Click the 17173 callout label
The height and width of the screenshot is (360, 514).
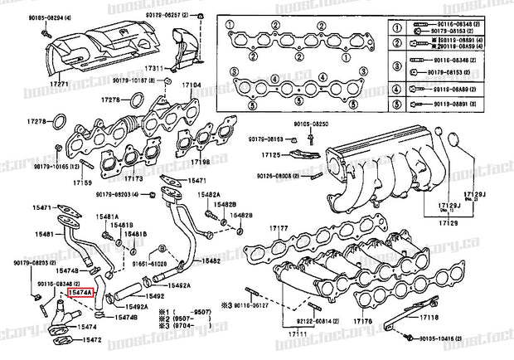tap(133, 178)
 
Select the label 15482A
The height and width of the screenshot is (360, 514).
tap(207, 194)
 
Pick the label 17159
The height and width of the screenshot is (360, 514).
tap(82, 182)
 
